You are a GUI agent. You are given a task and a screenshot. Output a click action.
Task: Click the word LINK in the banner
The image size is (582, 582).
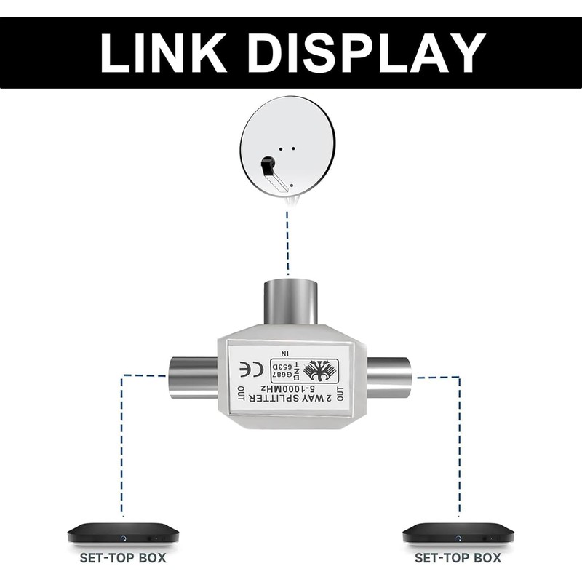click(168, 52)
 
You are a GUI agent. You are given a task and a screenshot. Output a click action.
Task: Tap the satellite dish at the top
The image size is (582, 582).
click(289, 145)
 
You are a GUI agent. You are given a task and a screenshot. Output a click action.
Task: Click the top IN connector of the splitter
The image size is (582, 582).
click(290, 300)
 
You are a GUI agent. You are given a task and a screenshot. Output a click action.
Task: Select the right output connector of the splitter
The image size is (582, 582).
click(388, 376)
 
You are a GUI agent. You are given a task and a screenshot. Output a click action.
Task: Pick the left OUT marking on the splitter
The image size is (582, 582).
click(240, 396)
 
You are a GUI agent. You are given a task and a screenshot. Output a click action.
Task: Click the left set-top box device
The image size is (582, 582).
click(123, 535)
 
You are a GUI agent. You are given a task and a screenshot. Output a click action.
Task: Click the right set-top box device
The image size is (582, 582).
click(458, 535)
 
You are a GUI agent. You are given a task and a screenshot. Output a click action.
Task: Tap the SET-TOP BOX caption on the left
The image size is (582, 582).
click(123, 559)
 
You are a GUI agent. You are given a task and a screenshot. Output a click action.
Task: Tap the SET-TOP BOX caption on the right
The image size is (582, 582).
click(458, 559)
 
